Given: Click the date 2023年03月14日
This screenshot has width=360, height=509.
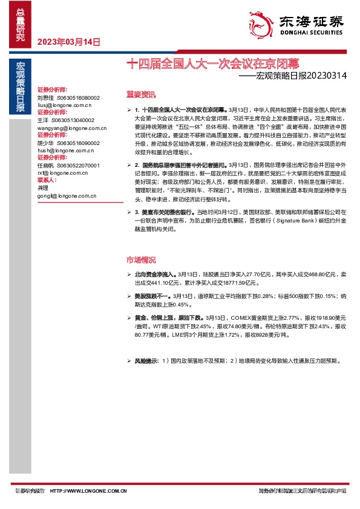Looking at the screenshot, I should [68, 42].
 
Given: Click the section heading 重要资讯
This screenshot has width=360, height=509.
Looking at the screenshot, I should [140, 94].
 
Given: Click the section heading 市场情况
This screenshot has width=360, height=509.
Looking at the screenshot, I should [140, 259].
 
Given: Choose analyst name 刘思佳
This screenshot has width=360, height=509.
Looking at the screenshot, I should [45, 97].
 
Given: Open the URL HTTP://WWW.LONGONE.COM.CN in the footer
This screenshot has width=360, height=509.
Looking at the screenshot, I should [96, 490].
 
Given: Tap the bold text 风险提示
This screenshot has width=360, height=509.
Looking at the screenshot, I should [146, 361].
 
